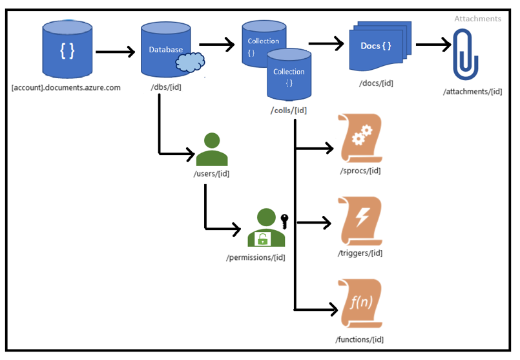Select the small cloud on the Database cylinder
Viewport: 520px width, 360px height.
[x=190, y=62]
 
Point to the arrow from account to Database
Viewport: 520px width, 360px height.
[x=113, y=50]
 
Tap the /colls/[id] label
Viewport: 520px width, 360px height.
[x=288, y=110]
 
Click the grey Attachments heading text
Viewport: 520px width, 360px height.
[x=477, y=19]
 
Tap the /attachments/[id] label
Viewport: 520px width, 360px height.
[x=472, y=91]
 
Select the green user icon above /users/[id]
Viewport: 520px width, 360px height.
[x=212, y=150]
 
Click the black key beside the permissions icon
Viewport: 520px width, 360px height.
[x=283, y=220]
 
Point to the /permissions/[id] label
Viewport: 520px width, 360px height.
[x=256, y=258]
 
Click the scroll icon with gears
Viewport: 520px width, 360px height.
[x=360, y=138]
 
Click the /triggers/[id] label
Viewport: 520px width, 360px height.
[x=360, y=253]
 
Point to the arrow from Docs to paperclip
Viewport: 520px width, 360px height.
[x=433, y=45]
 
